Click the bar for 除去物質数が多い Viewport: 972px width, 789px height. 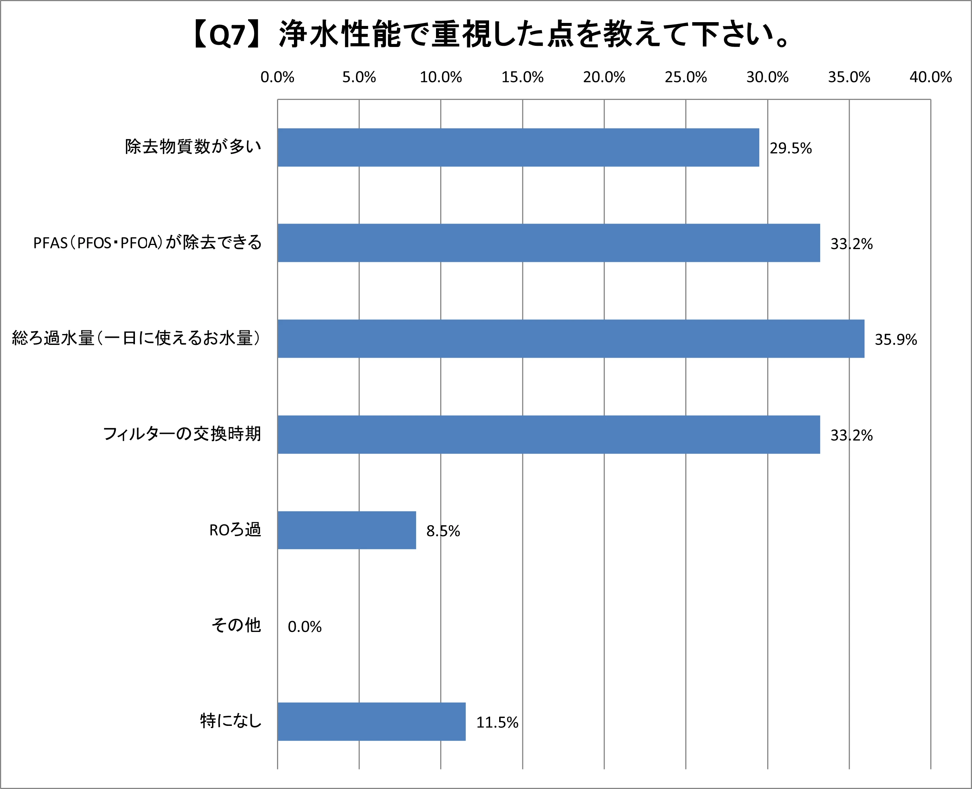click(x=518, y=147)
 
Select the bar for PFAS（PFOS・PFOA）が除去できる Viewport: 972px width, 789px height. click(x=548, y=243)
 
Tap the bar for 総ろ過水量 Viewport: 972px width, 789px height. click(x=571, y=339)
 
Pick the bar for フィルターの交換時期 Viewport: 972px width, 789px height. click(x=548, y=434)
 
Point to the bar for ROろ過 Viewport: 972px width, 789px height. click(x=347, y=530)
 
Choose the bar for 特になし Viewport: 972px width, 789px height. click(x=371, y=722)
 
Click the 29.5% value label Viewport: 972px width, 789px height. click(x=790, y=148)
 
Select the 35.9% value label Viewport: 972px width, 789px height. click(x=896, y=340)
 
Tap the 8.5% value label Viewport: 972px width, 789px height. click(x=443, y=531)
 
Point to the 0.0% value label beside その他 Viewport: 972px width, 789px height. click(x=304, y=627)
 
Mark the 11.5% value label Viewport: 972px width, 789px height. click(x=497, y=722)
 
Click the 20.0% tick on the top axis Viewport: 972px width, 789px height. click(x=604, y=77)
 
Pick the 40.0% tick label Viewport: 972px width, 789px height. click(x=930, y=77)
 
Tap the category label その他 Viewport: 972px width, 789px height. click(x=236, y=626)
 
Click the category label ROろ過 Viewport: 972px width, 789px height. click(x=235, y=530)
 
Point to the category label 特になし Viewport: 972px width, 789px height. click(x=231, y=721)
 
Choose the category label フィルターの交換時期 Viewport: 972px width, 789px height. click(x=182, y=434)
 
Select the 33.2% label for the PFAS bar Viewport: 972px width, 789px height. click(x=851, y=244)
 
